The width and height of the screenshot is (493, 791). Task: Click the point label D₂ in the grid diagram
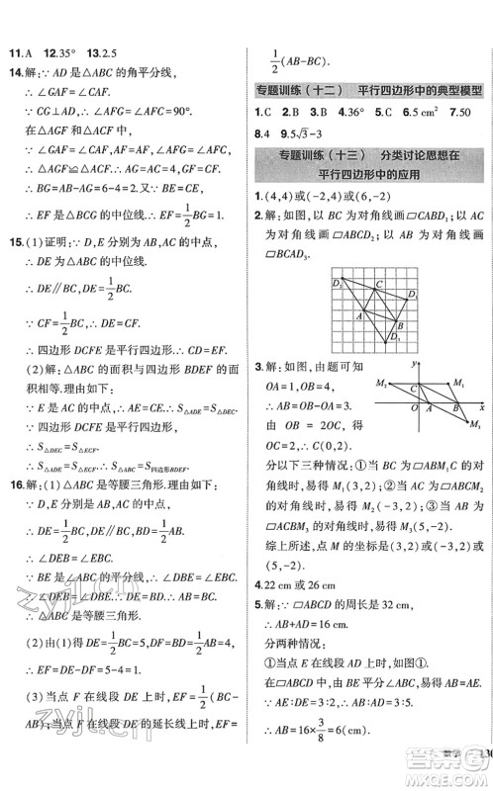tap(336, 285)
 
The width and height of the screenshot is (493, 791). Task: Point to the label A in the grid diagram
tap(360, 316)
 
